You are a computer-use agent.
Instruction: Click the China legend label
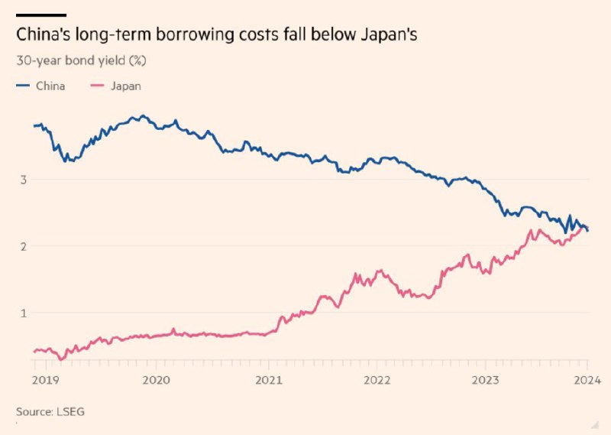pyautogui.click(x=50, y=86)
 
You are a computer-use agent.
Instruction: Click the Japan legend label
pyautogui.click(x=125, y=86)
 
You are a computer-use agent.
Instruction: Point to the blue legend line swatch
pyautogui.click(x=24, y=86)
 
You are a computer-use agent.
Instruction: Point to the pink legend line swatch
pyautogui.click(x=99, y=86)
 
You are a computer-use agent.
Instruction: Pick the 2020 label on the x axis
pyautogui.click(x=156, y=380)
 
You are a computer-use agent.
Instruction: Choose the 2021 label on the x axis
pyautogui.click(x=268, y=380)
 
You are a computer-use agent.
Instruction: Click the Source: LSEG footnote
pyautogui.click(x=50, y=411)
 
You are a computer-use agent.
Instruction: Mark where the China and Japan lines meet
pyautogui.click(x=584, y=228)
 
